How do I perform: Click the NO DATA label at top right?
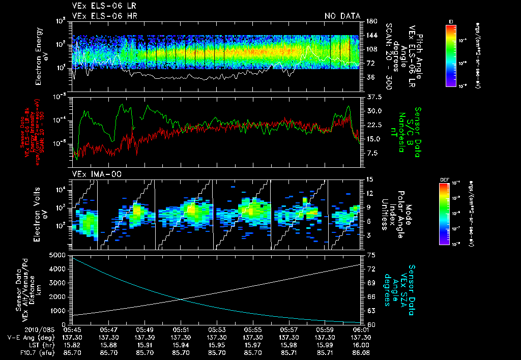coord(342,16)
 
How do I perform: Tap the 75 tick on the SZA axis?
coord(369,254)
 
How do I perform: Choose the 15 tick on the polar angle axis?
coord(369,179)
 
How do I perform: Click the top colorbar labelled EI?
coord(451,55)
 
